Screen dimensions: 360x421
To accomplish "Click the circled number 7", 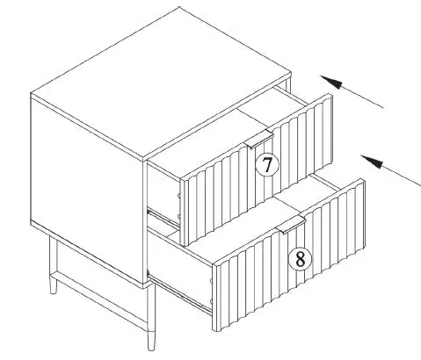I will (265, 164).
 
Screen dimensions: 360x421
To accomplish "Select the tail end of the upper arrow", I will (383, 107).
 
